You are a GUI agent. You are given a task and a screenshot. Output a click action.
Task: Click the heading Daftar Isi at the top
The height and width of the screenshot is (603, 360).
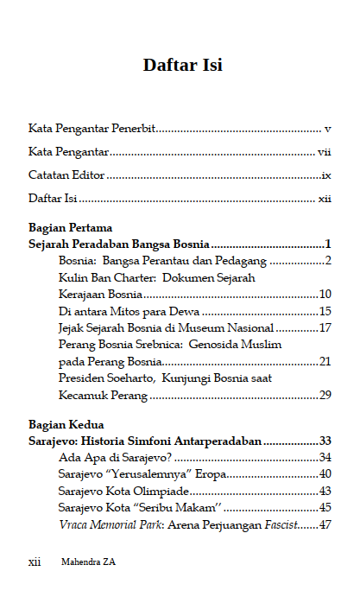[182, 65]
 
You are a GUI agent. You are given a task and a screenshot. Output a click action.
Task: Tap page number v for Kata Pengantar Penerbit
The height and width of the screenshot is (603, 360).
[328, 129]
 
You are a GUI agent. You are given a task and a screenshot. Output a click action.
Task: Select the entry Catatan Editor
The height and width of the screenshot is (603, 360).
[66, 175]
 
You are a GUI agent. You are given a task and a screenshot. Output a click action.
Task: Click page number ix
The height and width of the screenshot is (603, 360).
[326, 175]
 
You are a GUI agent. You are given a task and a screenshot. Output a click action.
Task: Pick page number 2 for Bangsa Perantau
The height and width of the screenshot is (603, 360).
[329, 260]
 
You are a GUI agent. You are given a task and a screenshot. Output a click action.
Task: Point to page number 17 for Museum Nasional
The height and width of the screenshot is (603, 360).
[325, 327]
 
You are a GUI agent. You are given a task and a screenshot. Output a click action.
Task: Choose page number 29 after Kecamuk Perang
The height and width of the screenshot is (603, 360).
[325, 395]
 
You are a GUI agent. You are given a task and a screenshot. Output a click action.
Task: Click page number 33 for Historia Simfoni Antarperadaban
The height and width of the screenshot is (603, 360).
[325, 441]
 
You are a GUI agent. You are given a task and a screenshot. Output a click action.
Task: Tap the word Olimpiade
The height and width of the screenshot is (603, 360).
[162, 491]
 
